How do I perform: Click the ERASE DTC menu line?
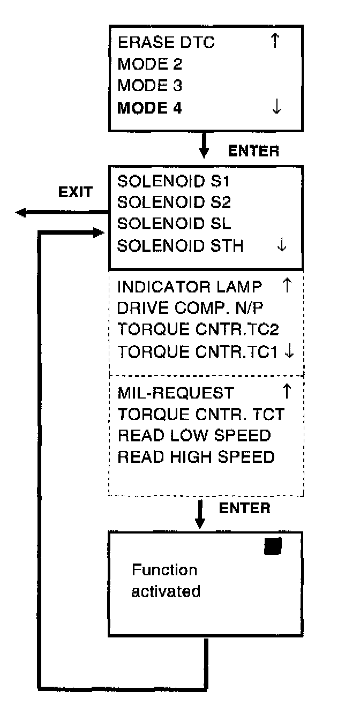(x=166, y=43)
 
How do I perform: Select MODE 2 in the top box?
(x=149, y=65)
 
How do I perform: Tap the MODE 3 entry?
(x=149, y=86)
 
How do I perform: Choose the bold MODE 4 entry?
(x=149, y=108)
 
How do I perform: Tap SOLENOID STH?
(x=180, y=246)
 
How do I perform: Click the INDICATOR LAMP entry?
(x=190, y=287)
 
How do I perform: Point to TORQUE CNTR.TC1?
(x=198, y=352)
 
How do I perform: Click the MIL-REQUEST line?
(x=176, y=393)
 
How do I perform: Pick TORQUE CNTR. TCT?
(x=201, y=414)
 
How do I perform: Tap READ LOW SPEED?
(x=194, y=435)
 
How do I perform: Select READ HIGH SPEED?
(x=196, y=457)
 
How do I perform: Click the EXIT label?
(x=75, y=192)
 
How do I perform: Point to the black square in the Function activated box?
(x=273, y=546)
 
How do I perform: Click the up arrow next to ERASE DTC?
(x=275, y=42)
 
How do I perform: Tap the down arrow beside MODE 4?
(x=276, y=108)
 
